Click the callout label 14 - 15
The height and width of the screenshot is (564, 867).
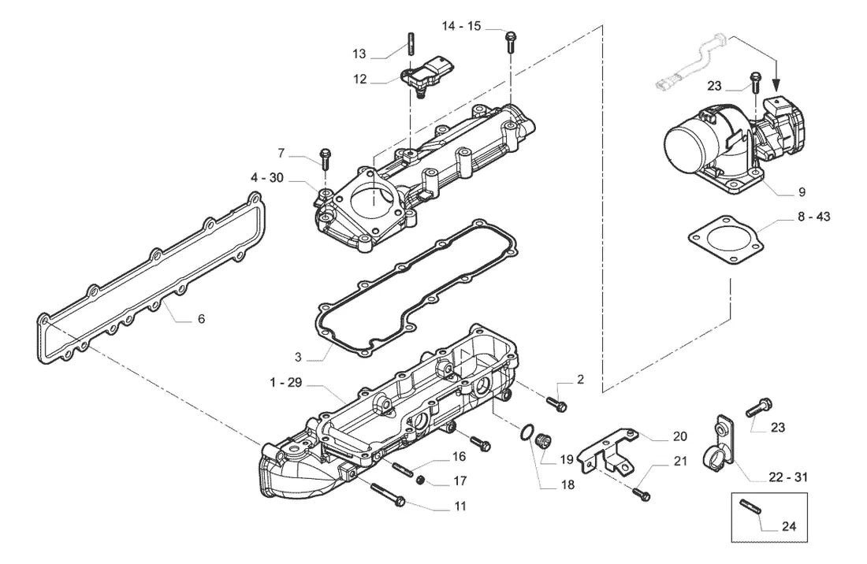461,26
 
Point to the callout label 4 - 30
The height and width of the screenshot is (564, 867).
266,177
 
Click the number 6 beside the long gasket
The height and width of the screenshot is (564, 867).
201,319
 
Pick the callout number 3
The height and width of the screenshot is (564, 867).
298,357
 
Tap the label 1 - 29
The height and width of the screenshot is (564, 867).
286,382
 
